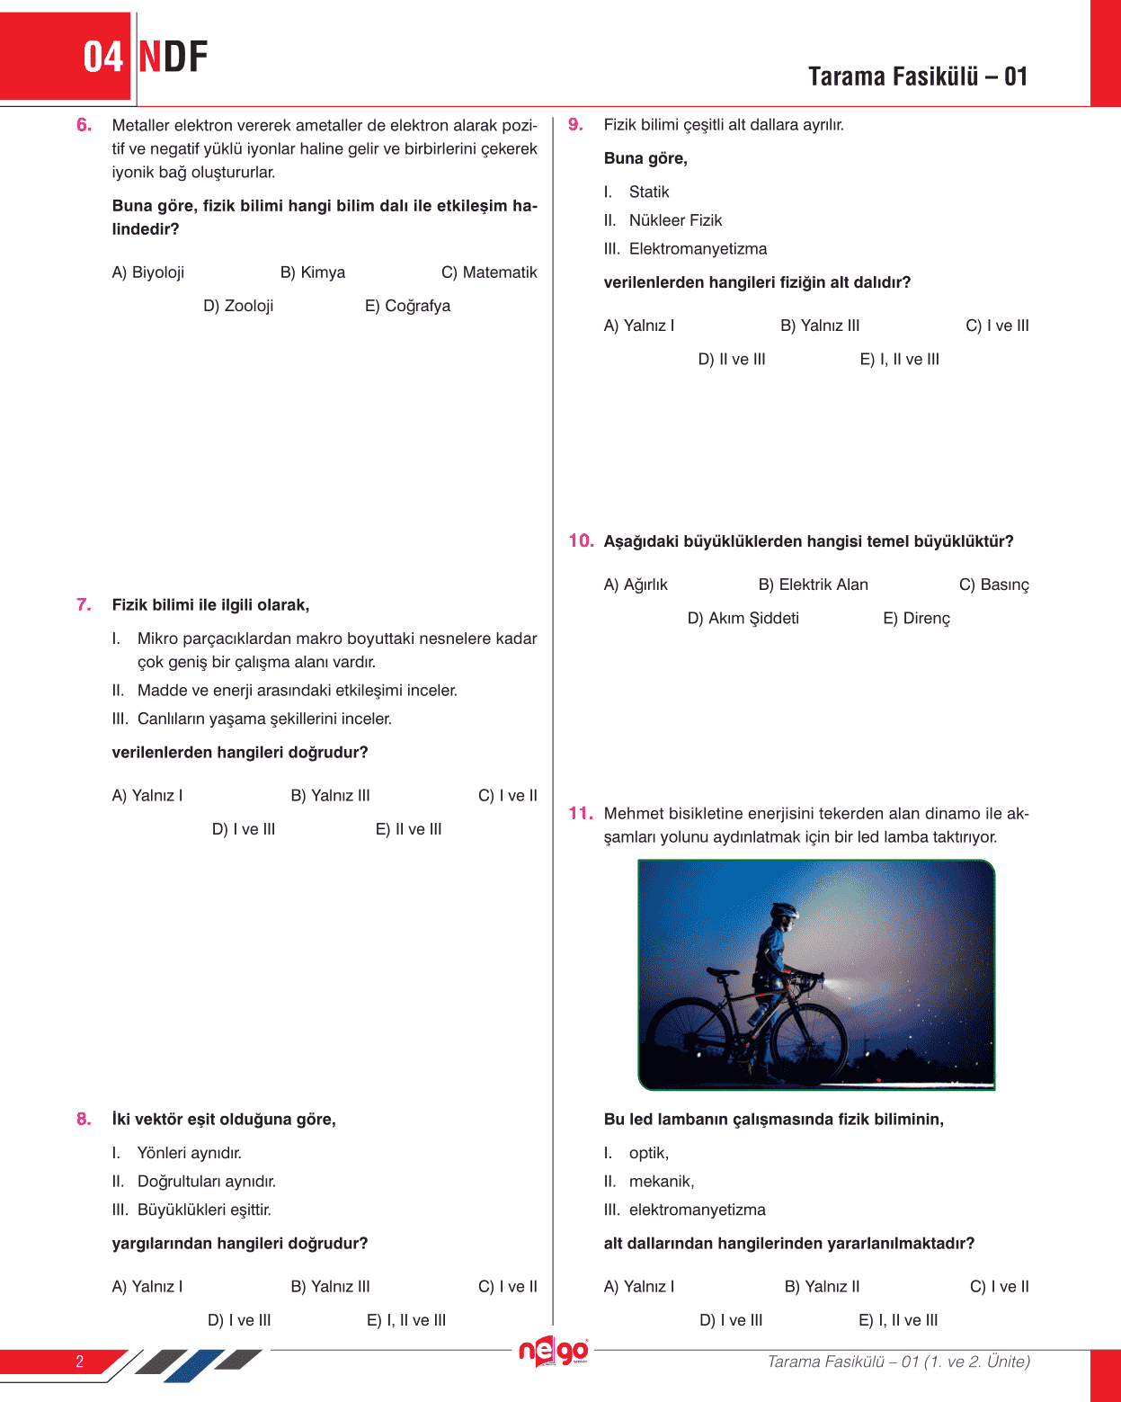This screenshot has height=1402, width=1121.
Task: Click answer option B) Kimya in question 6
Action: (x=312, y=272)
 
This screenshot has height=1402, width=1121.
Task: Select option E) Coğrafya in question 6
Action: (x=407, y=306)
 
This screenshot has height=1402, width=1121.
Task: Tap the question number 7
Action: (x=84, y=604)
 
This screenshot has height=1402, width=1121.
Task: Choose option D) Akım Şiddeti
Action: (x=743, y=618)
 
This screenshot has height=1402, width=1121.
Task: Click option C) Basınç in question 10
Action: (x=993, y=585)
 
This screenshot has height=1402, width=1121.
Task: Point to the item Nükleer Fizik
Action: (x=675, y=220)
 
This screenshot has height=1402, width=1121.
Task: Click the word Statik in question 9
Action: (x=649, y=192)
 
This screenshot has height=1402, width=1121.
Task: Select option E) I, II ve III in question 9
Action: (x=899, y=359)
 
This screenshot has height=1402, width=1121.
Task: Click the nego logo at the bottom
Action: (x=554, y=1351)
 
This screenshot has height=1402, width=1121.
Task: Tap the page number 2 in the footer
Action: (x=79, y=1361)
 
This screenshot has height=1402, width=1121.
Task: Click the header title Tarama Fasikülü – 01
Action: (x=917, y=76)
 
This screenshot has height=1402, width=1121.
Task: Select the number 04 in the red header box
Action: (x=102, y=58)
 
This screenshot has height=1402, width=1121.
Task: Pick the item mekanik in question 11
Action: (x=661, y=1181)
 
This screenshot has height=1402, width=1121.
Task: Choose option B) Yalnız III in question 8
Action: (x=330, y=1286)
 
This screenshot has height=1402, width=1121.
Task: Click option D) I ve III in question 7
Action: (x=244, y=829)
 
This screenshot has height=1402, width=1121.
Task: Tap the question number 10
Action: (x=581, y=540)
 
